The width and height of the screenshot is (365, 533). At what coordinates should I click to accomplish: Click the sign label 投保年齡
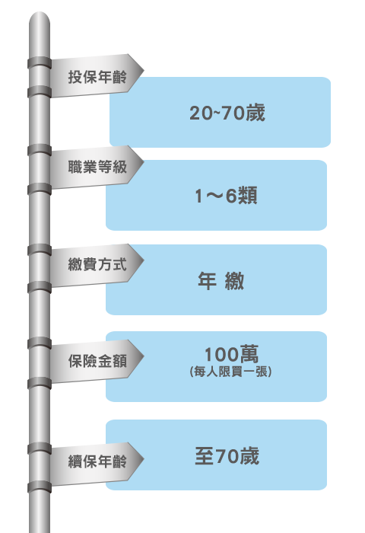(97, 77)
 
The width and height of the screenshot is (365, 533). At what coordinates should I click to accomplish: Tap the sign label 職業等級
(97, 167)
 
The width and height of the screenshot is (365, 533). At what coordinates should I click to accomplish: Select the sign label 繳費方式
(97, 264)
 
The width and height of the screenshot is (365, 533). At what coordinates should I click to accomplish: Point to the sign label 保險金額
(97, 361)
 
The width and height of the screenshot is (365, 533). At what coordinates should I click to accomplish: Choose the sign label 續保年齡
(97, 461)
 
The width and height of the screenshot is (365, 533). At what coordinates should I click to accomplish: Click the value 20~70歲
(227, 113)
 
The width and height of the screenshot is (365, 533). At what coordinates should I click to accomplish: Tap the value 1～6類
(226, 196)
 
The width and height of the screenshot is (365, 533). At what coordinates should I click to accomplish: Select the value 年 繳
(221, 281)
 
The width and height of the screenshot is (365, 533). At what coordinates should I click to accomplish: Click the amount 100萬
(232, 354)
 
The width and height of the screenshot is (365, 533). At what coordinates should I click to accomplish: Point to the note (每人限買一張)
(231, 372)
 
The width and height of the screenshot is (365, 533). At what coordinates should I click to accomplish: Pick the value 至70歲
(227, 456)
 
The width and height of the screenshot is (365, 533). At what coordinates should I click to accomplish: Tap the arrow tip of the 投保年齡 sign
(144, 71)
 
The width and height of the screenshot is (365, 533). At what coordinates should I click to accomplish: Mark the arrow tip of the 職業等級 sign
(144, 162)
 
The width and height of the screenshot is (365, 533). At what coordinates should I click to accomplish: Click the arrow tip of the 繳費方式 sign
(144, 260)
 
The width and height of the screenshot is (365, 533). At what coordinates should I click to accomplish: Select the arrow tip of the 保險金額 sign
(144, 356)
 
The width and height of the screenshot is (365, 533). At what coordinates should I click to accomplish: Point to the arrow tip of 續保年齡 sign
(144, 459)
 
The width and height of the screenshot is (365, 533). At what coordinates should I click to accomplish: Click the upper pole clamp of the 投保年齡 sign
(40, 63)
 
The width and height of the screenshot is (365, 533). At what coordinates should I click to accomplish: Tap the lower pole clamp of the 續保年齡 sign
(40, 487)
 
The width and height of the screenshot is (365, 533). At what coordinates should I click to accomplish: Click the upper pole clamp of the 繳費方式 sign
(40, 250)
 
